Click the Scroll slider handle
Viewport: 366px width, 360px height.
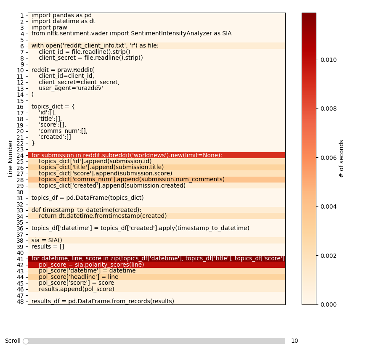[x=26, y=341]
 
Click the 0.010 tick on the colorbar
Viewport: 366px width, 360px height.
[x=316, y=60]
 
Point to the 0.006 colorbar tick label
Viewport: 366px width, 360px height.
[x=328, y=158]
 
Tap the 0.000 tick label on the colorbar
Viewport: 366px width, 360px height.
[x=328, y=304]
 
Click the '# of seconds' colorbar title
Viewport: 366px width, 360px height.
[x=342, y=159]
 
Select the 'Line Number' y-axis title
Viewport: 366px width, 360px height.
[x=11, y=159]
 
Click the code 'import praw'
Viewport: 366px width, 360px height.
[x=49, y=28]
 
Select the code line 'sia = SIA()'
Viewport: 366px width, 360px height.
[x=47, y=241]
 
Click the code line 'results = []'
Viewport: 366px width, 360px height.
[x=48, y=246]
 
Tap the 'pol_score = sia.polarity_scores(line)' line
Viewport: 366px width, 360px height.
[x=91, y=265]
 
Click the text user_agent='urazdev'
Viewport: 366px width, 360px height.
[x=71, y=88]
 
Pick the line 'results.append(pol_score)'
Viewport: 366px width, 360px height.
[x=77, y=289]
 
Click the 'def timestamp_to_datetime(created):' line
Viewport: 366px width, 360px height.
[x=86, y=210]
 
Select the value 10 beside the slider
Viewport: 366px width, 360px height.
[x=294, y=341]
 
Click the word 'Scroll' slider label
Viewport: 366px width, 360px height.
[x=13, y=341]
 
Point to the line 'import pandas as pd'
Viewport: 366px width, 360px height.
[x=61, y=16]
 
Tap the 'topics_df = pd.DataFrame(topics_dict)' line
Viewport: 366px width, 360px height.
[x=88, y=198]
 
